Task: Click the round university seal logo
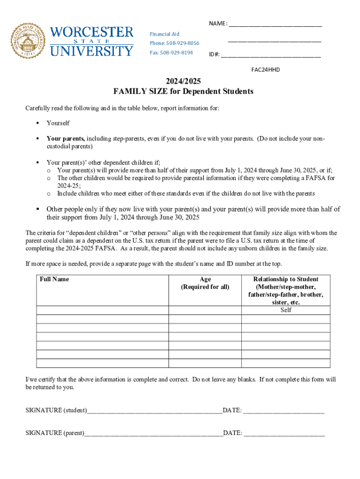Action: click(29, 40)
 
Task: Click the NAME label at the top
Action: click(218, 24)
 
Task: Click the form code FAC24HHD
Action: click(266, 70)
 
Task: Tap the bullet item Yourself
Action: click(58, 123)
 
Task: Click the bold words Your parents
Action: click(65, 138)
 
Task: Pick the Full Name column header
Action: click(54, 279)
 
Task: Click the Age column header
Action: click(205, 279)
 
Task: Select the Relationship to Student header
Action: click(286, 279)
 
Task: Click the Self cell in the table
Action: click(286, 310)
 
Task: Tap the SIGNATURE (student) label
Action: click(56, 410)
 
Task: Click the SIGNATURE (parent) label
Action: click(55, 433)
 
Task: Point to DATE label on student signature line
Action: click(232, 410)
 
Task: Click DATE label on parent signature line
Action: click(232, 433)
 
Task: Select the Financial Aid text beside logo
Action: click(164, 34)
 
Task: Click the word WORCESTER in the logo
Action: click(92, 33)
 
